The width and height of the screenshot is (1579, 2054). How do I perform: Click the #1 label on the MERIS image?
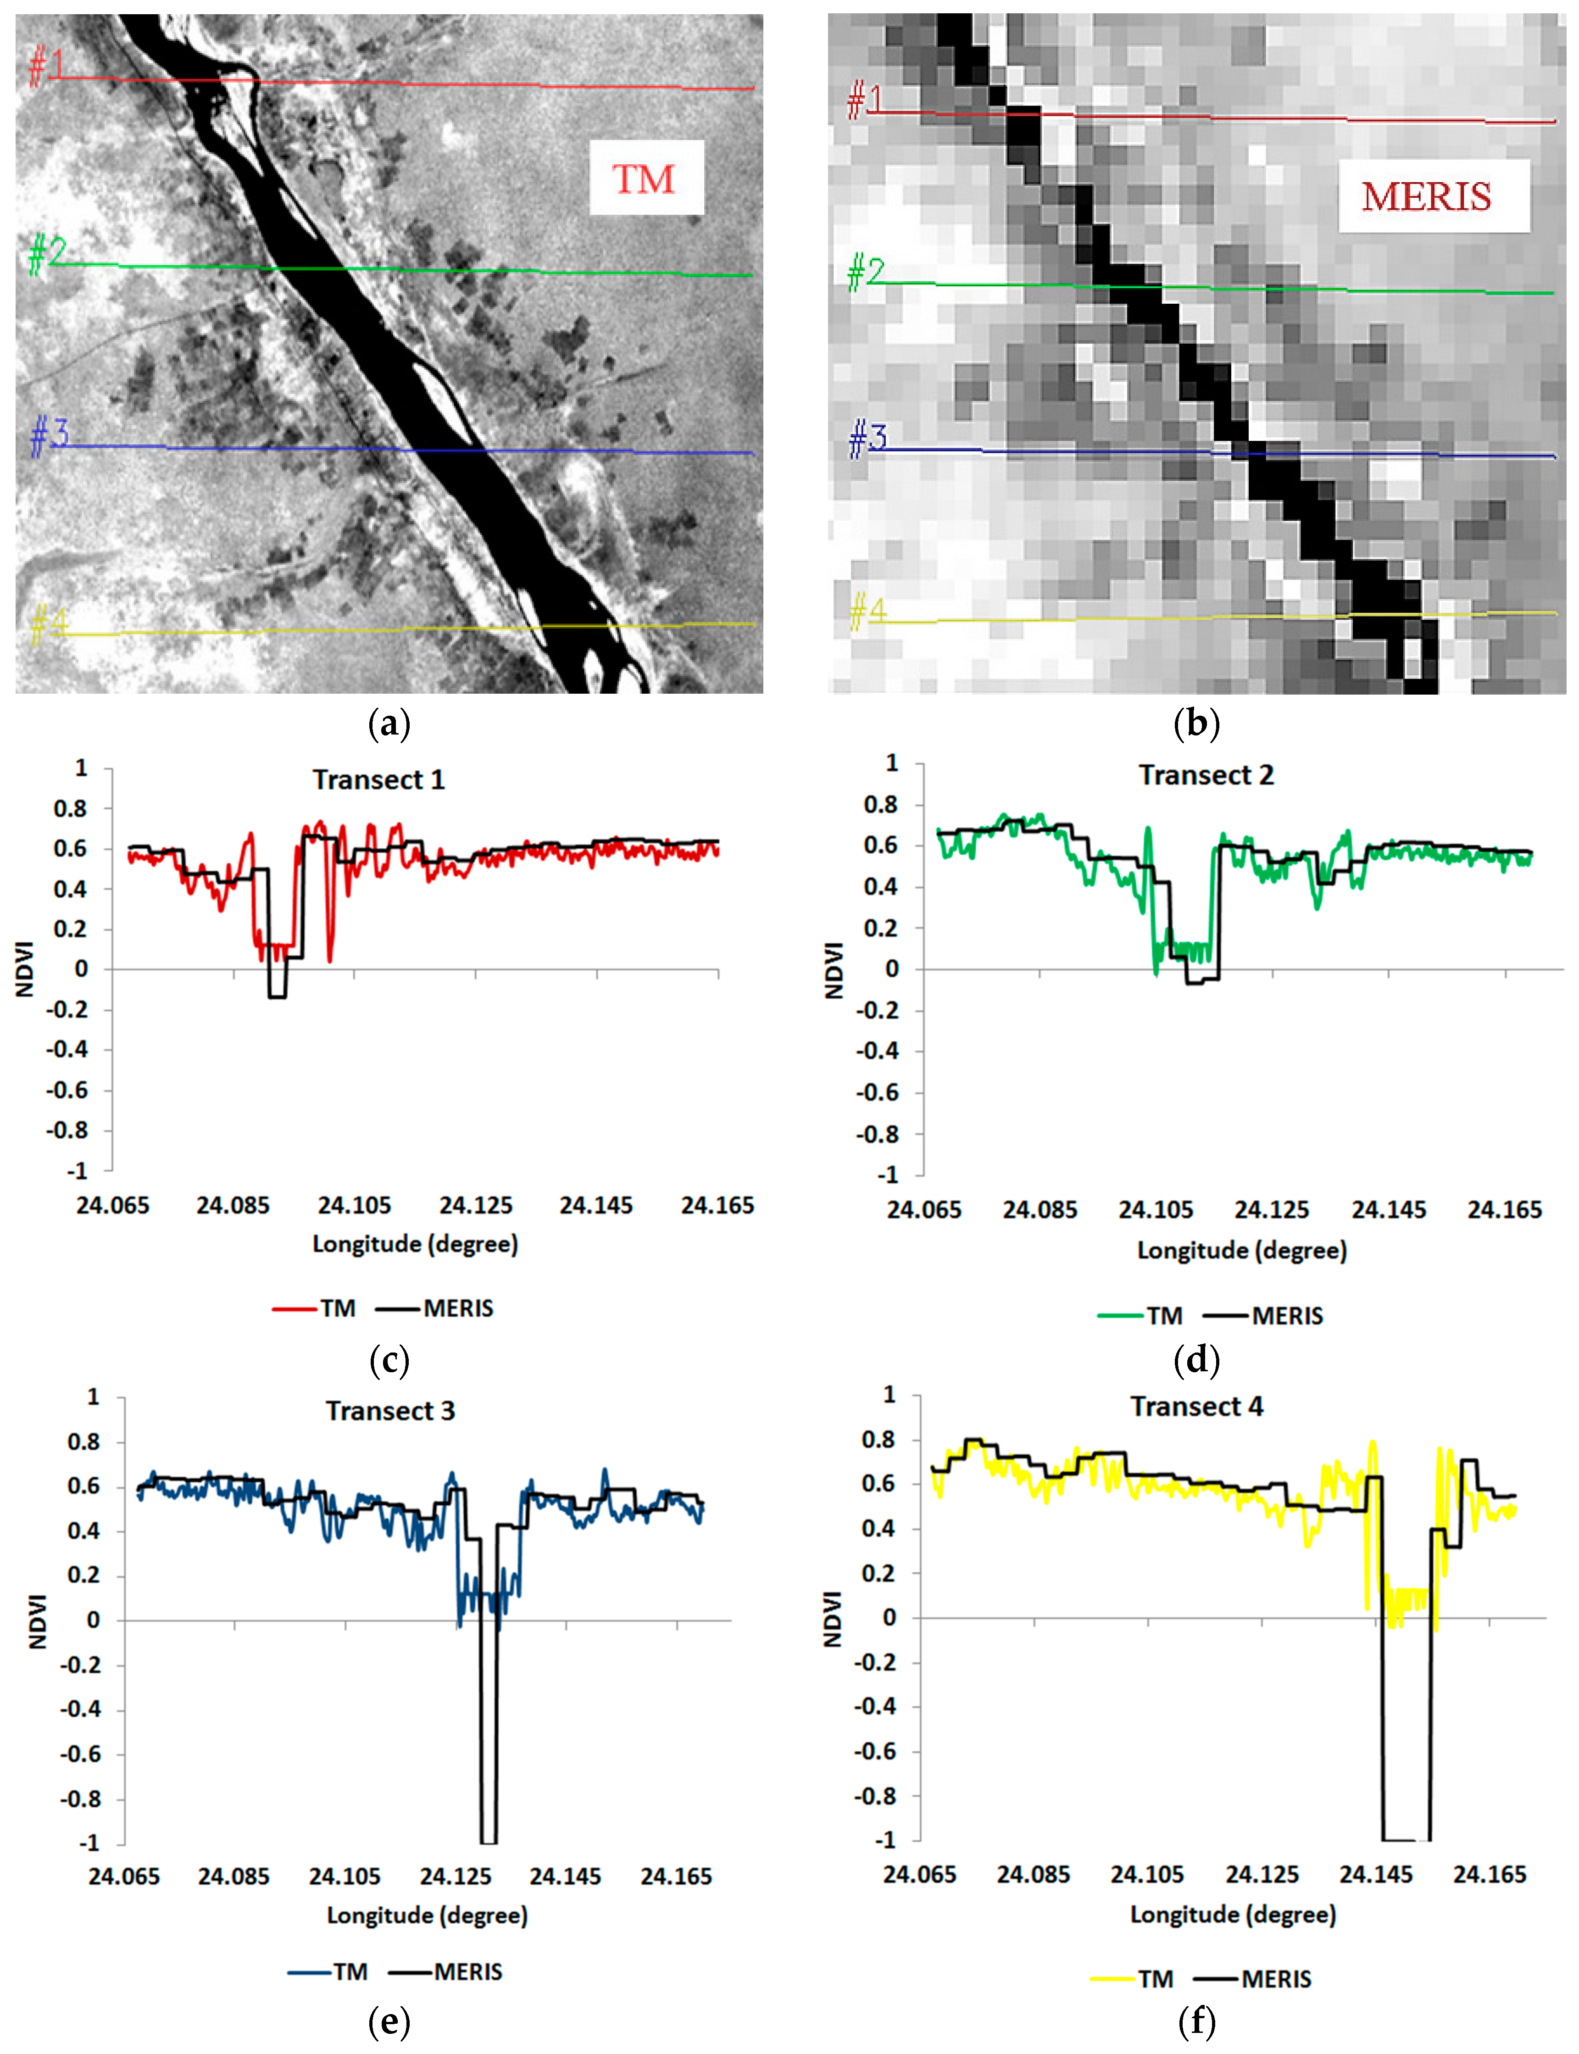(865, 100)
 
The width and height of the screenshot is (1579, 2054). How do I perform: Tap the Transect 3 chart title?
(390, 1411)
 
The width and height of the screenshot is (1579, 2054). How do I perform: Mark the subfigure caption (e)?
(389, 2021)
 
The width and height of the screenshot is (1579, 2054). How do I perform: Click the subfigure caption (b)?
(1196, 724)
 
